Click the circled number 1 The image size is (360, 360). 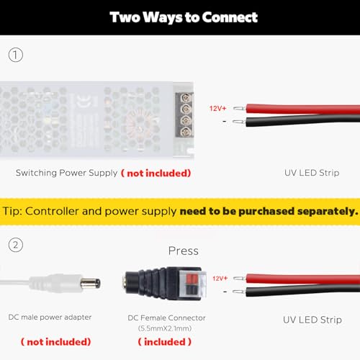[16, 55]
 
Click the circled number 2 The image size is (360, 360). [16, 245]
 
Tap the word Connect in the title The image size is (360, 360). [230, 17]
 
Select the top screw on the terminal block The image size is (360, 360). [186, 98]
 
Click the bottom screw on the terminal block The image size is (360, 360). [186, 132]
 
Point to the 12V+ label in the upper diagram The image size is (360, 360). [217, 109]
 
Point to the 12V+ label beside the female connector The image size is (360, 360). [220, 279]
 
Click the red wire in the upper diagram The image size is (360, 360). [302, 109]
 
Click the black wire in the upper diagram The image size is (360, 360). [302, 120]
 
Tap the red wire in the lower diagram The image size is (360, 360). [302, 279]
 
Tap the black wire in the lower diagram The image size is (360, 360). [302, 290]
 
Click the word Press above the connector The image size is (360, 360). [184, 251]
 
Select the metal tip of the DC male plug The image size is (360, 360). [90, 284]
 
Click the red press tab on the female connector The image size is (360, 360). [192, 279]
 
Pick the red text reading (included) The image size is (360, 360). [165, 342]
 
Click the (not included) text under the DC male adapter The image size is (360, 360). [56, 342]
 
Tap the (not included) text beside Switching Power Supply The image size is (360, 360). [156, 173]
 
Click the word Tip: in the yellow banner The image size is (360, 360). [12, 212]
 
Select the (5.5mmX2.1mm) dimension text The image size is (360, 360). [165, 328]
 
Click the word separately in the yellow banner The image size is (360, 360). [328, 212]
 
